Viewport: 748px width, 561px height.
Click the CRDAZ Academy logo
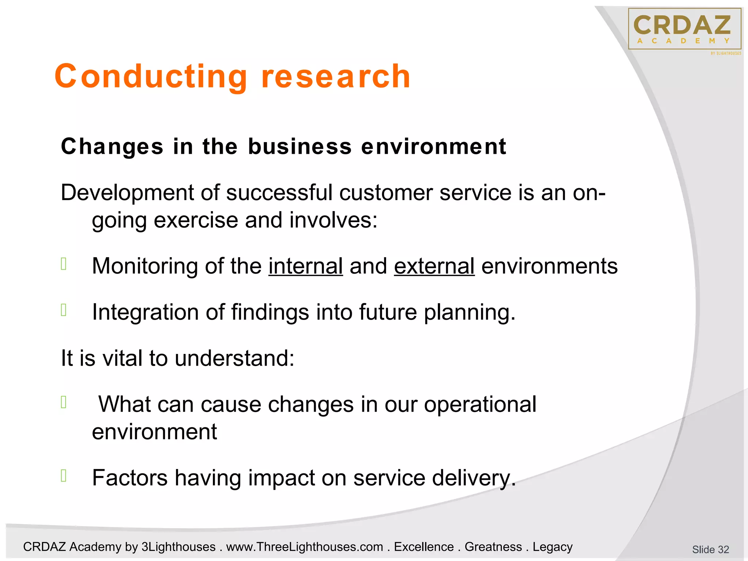click(684, 29)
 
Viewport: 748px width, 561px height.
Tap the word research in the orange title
click(336, 77)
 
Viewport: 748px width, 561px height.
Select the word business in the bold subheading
click(300, 147)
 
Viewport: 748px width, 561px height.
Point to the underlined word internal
click(306, 266)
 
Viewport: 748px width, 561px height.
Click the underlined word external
click(434, 266)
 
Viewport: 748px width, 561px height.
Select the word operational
click(480, 404)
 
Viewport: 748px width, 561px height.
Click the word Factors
click(130, 478)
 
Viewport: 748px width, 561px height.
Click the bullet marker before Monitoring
click(64, 264)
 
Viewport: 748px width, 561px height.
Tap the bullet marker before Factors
click(64, 476)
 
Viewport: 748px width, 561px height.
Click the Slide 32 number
click(710, 549)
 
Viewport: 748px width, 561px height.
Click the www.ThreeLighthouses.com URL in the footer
click(305, 547)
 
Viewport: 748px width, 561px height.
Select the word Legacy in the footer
click(552, 547)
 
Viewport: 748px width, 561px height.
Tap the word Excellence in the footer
click(424, 547)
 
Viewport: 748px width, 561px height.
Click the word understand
click(234, 358)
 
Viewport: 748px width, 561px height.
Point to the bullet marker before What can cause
click(64, 402)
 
